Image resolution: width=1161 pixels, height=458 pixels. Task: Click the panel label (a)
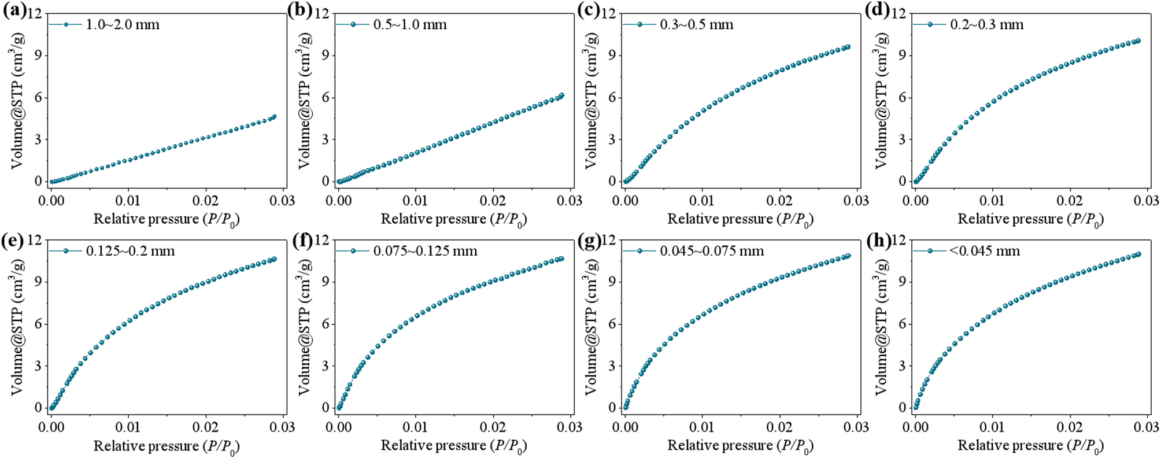pos(14,11)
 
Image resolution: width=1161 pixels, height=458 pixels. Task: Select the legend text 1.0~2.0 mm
pos(123,25)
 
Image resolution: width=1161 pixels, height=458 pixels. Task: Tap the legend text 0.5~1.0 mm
pos(410,25)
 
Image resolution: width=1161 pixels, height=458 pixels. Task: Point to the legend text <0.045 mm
pos(985,252)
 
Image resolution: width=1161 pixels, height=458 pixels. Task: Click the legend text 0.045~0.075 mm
pos(712,252)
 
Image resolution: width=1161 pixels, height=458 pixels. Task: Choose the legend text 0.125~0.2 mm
pos(130,252)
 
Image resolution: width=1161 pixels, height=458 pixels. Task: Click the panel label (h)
pos(879,238)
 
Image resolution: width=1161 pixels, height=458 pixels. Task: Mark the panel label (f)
pos(302,238)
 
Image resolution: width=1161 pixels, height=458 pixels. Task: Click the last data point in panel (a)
pos(274,117)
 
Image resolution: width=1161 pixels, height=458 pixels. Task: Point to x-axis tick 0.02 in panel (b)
pos(493,201)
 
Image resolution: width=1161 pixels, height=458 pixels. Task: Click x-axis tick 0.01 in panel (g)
pos(702,427)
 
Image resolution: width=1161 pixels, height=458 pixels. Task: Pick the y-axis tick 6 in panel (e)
pos(38,324)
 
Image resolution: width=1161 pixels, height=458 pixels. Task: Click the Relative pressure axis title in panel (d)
pos(1030,219)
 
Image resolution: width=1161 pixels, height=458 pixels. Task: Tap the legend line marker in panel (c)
pos(639,24)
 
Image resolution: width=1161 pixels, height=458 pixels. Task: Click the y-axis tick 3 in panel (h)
pos(902,366)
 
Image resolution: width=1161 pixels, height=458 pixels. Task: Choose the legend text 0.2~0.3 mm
pos(987,25)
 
